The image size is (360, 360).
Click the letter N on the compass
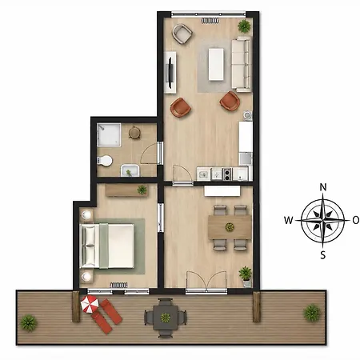pyautogui.click(x=323, y=187)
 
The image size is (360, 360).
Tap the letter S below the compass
pyautogui.click(x=323, y=255)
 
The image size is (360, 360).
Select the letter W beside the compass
pyautogui.click(x=289, y=221)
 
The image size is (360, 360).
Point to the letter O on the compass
pyautogui.click(x=356, y=220)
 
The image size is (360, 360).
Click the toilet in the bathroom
pyautogui.click(x=105, y=161)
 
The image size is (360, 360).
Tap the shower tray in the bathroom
pyautogui.click(x=109, y=134)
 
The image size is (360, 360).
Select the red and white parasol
pyautogui.click(x=90, y=304)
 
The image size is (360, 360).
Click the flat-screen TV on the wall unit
pyautogui.click(x=170, y=72)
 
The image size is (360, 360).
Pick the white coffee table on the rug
pyautogui.click(x=216, y=64)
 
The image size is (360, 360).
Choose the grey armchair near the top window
pyautogui.click(x=182, y=34)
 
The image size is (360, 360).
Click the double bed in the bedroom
pyautogui.click(x=107, y=246)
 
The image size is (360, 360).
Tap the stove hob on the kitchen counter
pyautogui.click(x=227, y=174)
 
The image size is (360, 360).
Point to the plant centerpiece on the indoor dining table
pyautogui.click(x=230, y=227)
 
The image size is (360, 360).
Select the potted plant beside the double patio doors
pyautogui.click(x=246, y=276)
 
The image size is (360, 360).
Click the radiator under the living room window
pyautogui.click(x=210, y=21)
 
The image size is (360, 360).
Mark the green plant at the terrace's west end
pyautogui.click(x=29, y=323)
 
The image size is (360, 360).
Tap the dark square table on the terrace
pyautogui.click(x=166, y=318)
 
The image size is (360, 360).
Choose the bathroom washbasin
pyautogui.click(x=130, y=170)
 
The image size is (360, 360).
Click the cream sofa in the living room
pyautogui.click(x=242, y=64)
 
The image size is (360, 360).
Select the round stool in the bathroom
pyautogui.click(x=134, y=132)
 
